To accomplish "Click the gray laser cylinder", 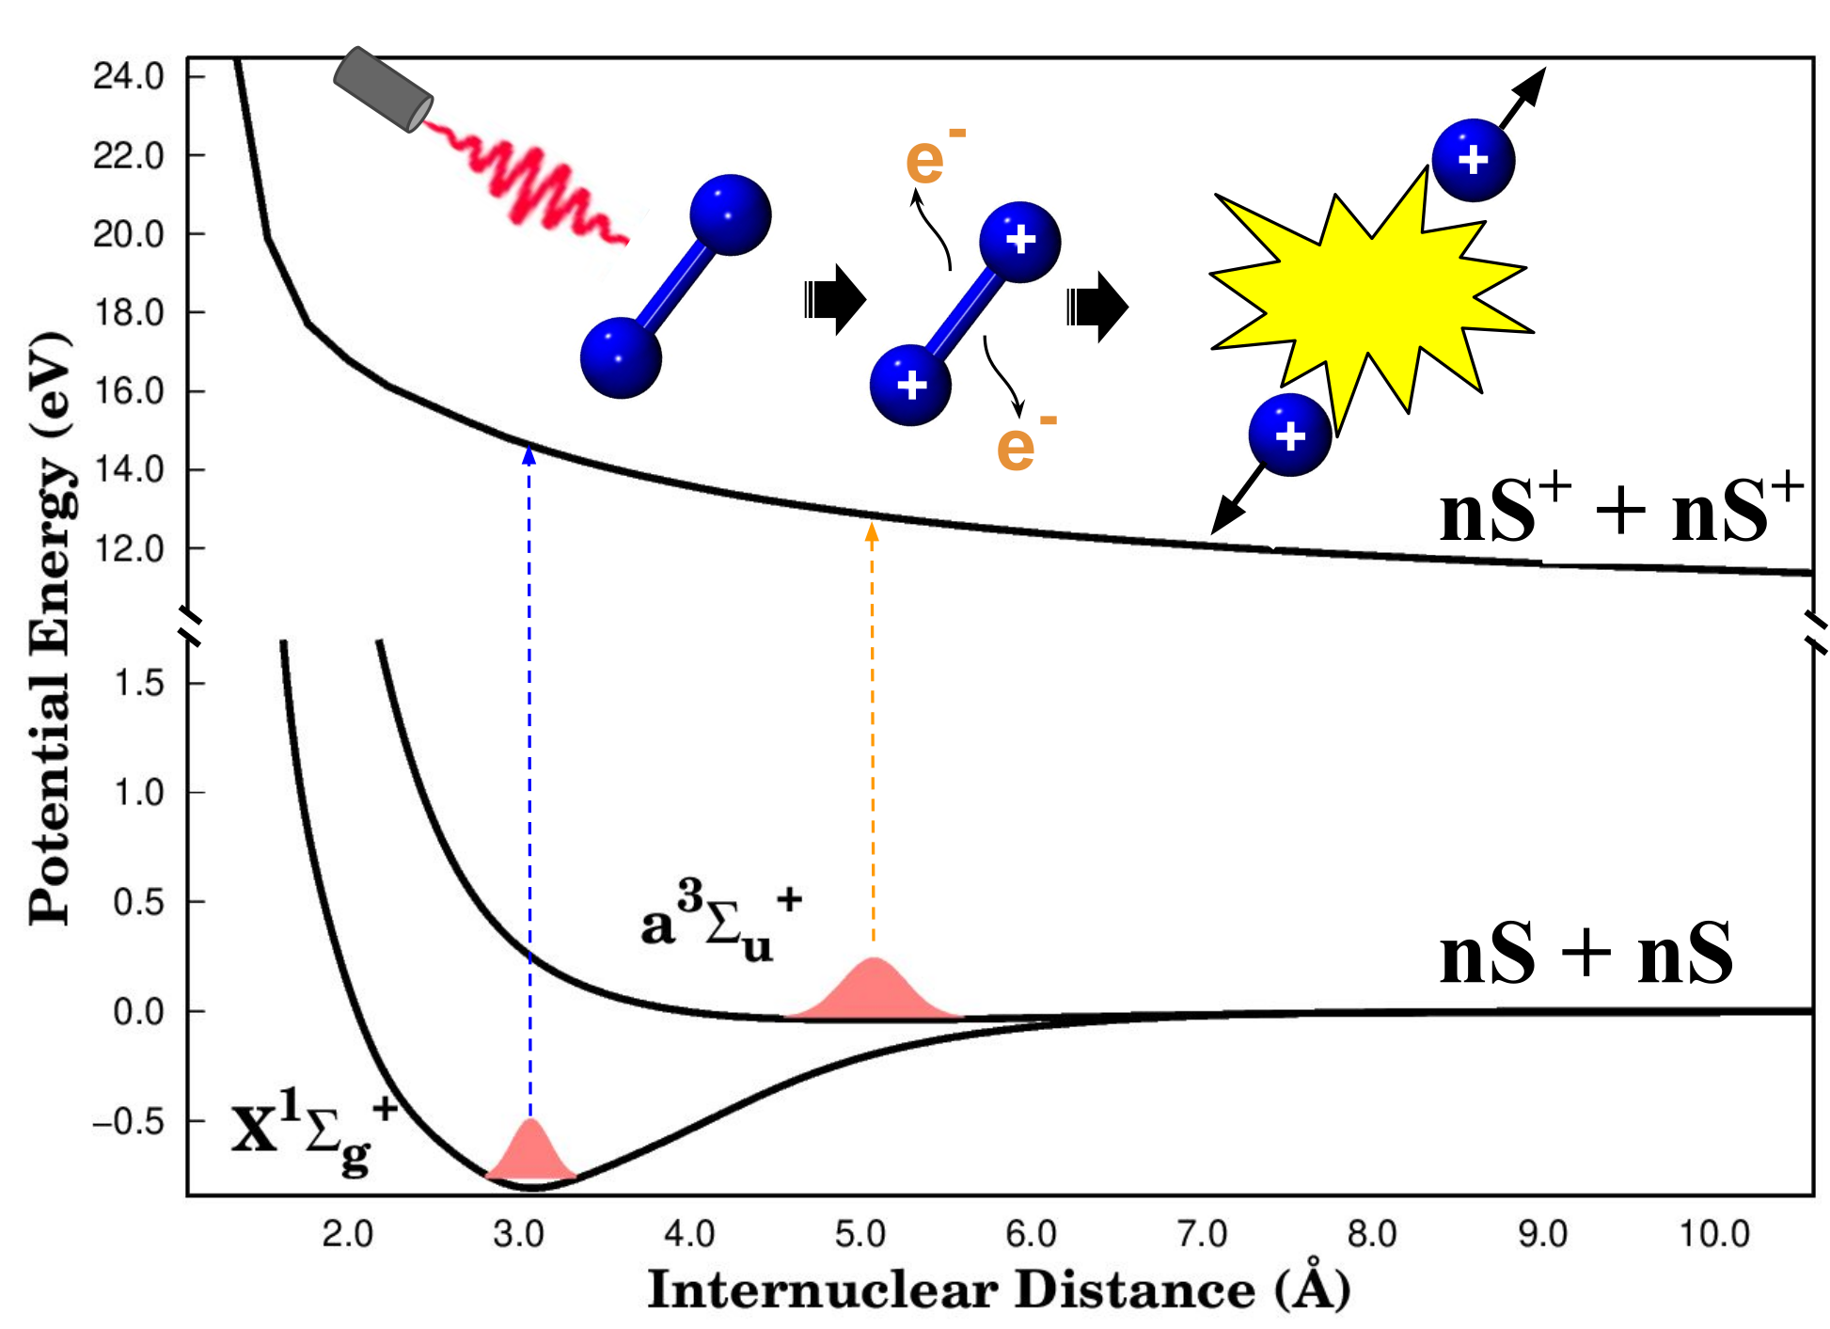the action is pyautogui.click(x=383, y=89).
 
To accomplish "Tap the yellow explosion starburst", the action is pyautogui.click(x=1368, y=301).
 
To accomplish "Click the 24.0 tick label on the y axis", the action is pyautogui.click(x=129, y=76).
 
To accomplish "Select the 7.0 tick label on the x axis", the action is pyautogui.click(x=1203, y=1234).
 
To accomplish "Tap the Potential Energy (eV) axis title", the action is pyautogui.click(x=51, y=628).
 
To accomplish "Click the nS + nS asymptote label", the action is pyautogui.click(x=1586, y=954).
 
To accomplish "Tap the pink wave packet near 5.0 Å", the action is pyautogui.click(x=874, y=989).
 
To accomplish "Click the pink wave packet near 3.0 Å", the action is pyautogui.click(x=531, y=1150).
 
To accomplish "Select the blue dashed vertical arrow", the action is pyautogui.click(x=529, y=781).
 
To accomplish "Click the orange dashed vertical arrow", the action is pyautogui.click(x=872, y=734).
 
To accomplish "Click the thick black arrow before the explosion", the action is pyautogui.click(x=1097, y=305).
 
